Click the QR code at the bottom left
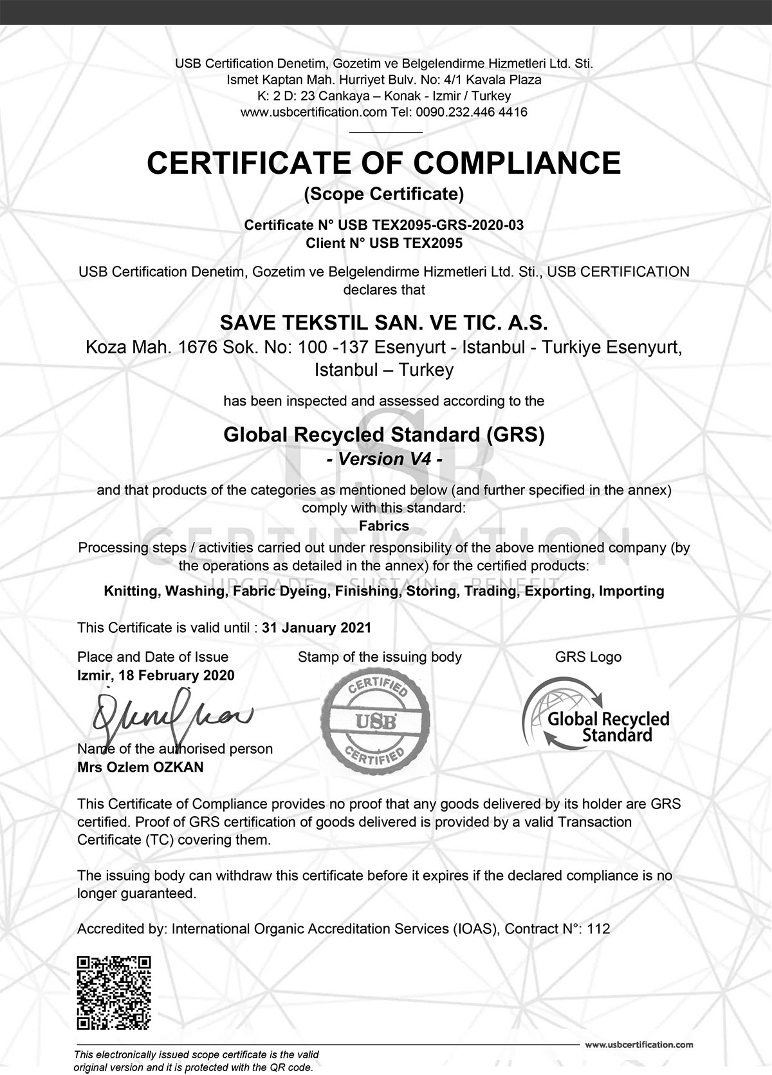pos(114,993)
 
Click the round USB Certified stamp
pos(375,718)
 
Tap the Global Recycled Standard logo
pos(595,715)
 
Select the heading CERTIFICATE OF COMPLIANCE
pos(383,162)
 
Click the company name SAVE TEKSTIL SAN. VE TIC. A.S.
pos(384,322)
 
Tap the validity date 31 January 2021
pos(317,628)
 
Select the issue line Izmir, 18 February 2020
pos(156,675)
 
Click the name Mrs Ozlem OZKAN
pos(140,767)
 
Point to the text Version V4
pos(384,459)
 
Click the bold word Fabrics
pos(384,525)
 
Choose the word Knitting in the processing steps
pos(131,591)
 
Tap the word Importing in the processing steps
pos(631,591)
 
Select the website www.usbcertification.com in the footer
pos(639,1045)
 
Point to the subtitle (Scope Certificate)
pos(384,194)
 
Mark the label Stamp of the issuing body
pos(380,657)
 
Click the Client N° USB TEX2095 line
pos(384,243)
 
